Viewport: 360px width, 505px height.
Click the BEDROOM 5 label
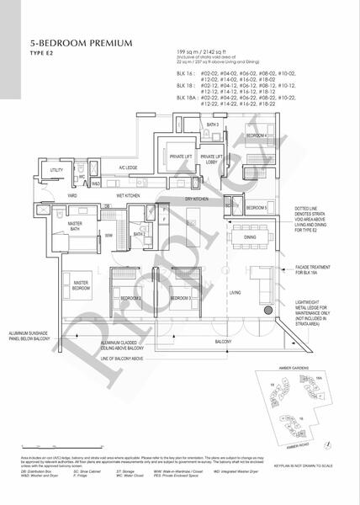[255, 183]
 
